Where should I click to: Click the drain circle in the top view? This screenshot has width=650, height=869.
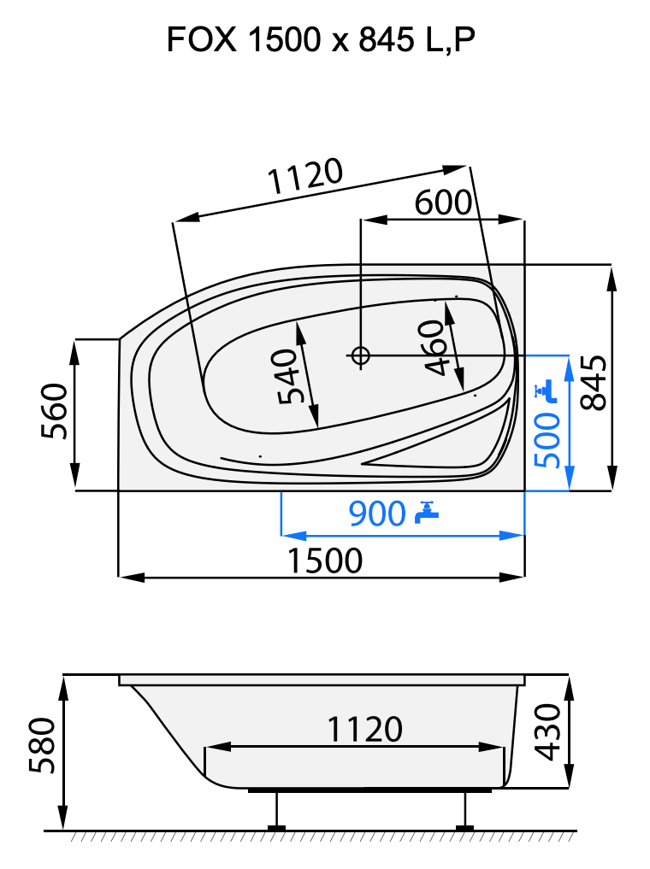point(360,355)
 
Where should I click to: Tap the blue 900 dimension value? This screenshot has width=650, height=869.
point(376,514)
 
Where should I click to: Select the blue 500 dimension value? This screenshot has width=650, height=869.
point(547,440)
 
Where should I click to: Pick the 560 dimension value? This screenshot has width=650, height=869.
point(54,410)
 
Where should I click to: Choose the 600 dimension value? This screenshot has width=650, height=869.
point(443,203)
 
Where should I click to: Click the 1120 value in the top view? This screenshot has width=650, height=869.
point(305,177)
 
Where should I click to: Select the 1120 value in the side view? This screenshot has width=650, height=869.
point(364,729)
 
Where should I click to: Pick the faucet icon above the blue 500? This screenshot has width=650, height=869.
point(545,391)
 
